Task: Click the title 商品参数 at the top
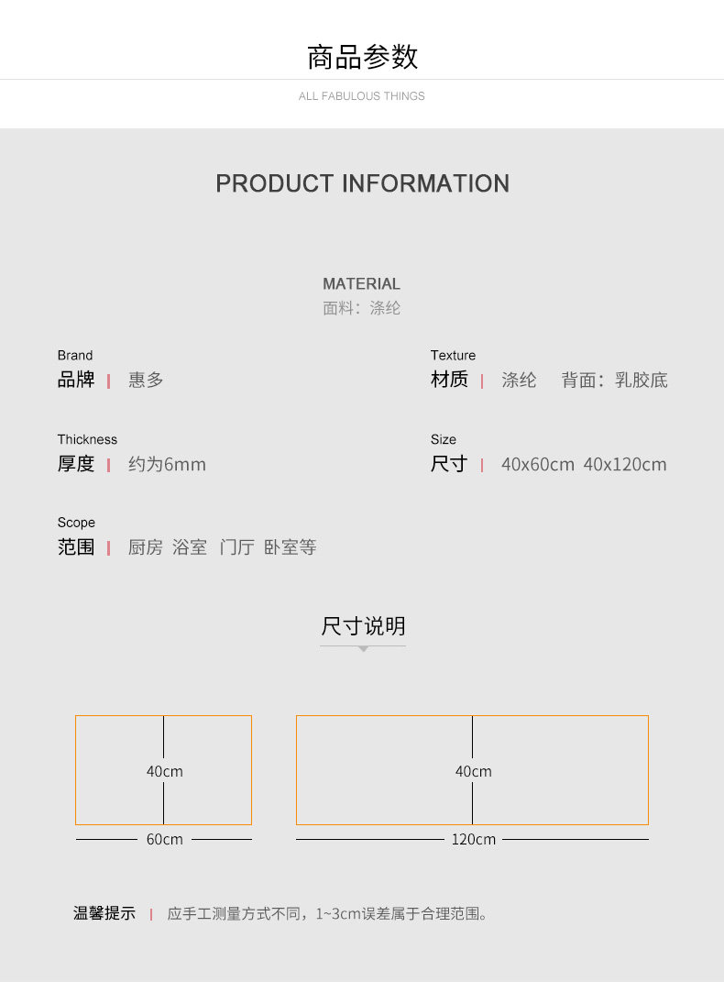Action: coord(362,58)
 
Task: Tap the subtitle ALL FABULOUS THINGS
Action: coord(362,96)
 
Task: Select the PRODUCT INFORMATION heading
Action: coord(362,183)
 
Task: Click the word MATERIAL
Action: coord(361,284)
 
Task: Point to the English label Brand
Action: coord(75,356)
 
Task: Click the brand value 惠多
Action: coord(146,381)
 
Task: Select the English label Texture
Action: coord(453,356)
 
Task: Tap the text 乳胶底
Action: coord(642,381)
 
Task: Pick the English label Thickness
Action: coord(87,440)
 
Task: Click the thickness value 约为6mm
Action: coord(167,465)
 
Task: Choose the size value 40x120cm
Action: coord(625,465)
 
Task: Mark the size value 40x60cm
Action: coord(537,465)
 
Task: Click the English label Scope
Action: coord(76,523)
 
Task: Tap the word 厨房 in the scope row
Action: coord(145,548)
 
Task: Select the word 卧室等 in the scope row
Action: coord(290,548)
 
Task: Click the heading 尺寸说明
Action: coord(363,627)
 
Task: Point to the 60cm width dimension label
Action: coord(165,840)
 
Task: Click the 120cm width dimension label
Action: coord(473,840)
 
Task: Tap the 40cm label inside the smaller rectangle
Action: coord(165,772)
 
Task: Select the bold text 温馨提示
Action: coord(104,914)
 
